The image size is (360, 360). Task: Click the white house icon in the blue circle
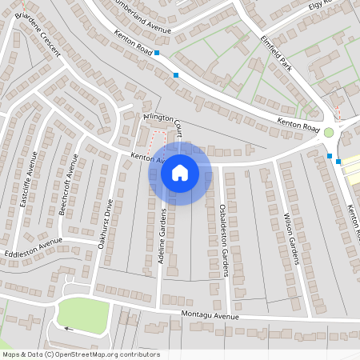pyautogui.click(x=180, y=172)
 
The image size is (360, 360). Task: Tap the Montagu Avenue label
pyautogui.click(x=210, y=315)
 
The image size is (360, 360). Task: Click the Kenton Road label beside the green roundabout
pyautogui.click(x=299, y=126)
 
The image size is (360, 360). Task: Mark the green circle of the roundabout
pyautogui.click(x=329, y=132)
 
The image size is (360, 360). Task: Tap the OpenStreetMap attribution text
pyautogui.click(x=81, y=354)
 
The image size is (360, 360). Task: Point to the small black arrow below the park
pyautogui.click(x=68, y=329)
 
